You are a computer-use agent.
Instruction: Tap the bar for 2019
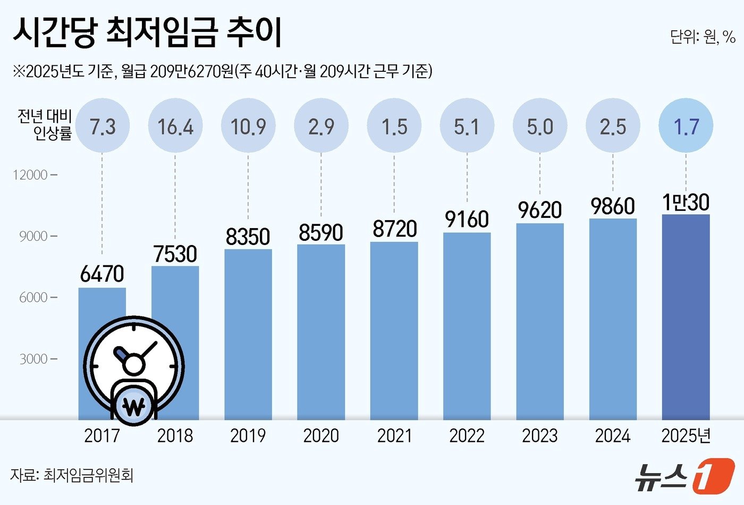click(248, 334)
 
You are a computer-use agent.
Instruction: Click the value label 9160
click(467, 219)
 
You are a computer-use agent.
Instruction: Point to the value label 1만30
click(686, 202)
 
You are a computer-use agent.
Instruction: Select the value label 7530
click(175, 254)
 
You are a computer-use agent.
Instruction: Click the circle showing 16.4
click(175, 127)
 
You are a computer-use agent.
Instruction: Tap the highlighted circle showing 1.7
click(686, 127)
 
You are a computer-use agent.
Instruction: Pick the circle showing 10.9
click(248, 127)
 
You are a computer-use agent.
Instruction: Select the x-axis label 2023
click(539, 436)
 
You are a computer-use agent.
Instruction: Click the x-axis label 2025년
click(686, 436)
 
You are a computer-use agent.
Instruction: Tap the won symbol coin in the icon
click(133, 408)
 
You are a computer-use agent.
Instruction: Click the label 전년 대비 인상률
click(45, 125)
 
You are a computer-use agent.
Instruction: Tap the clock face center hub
click(134, 365)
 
